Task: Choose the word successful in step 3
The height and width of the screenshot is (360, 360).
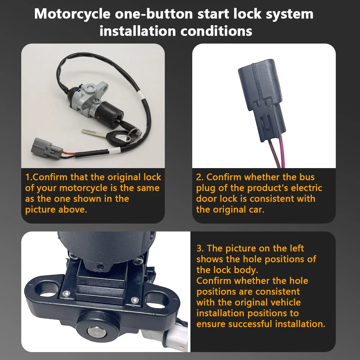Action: tap(249, 324)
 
